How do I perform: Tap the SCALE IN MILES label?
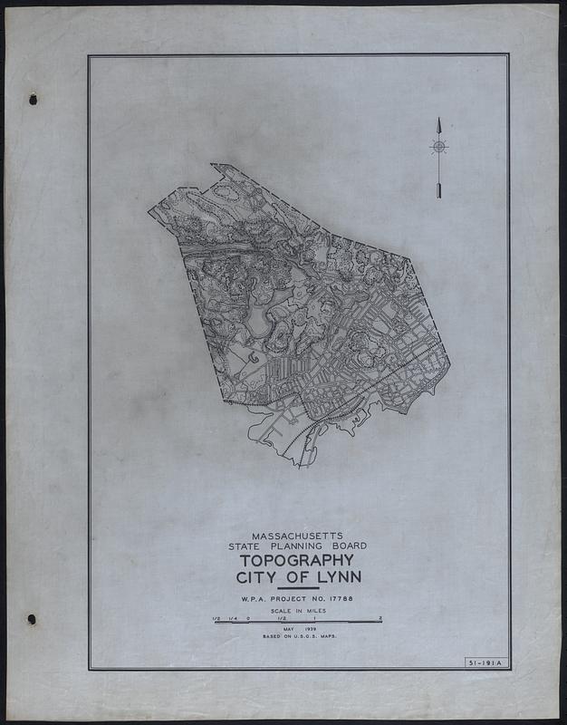(x=299, y=612)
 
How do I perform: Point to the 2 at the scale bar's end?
(x=380, y=618)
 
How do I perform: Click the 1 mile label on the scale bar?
(x=314, y=618)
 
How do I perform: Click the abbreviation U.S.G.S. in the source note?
(x=312, y=638)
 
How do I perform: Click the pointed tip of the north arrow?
(x=438, y=120)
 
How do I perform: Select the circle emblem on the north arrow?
(x=438, y=146)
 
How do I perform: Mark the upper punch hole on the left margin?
(x=33, y=100)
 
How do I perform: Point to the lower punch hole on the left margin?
(x=32, y=620)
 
